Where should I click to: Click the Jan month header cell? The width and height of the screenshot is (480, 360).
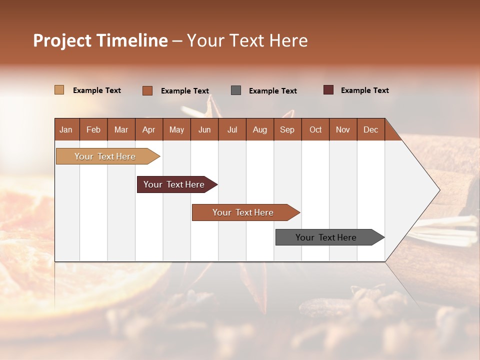click(66, 129)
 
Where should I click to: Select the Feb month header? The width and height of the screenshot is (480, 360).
click(93, 129)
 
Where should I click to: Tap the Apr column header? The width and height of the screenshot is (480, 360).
click(149, 129)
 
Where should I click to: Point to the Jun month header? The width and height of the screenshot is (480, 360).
click(204, 129)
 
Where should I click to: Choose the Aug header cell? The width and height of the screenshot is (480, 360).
click(260, 129)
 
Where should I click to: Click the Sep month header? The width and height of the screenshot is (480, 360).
click(287, 129)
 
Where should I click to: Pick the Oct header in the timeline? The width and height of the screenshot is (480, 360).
click(315, 129)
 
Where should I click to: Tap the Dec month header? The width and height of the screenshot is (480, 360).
click(371, 129)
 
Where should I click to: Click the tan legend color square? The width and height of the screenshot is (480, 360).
click(59, 90)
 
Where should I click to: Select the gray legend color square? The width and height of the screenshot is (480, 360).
click(236, 90)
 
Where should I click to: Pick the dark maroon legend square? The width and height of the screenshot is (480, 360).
click(328, 90)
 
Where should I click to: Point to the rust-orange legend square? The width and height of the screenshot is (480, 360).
click(147, 90)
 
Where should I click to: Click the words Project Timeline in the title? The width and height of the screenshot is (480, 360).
click(100, 40)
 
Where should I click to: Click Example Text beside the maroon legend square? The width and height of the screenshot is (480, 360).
click(364, 90)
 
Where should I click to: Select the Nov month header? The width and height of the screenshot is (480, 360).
click(343, 129)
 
